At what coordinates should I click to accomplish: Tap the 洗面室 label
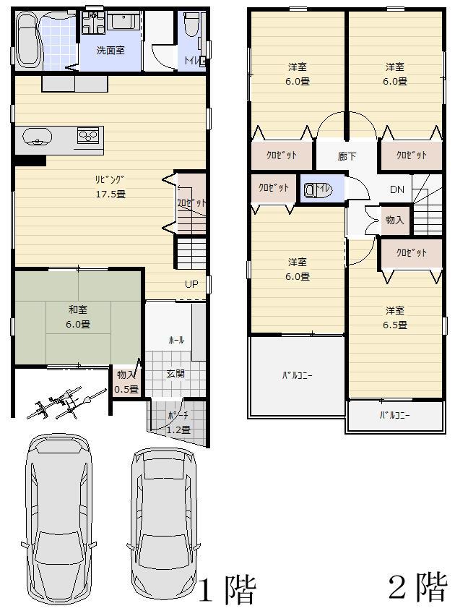coord(112,51)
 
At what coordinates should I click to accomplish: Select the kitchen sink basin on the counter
coord(38,135)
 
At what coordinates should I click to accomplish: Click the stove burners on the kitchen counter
coord(88,134)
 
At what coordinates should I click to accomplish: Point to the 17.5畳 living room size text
coord(110,194)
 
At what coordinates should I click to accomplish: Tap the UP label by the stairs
coord(191,284)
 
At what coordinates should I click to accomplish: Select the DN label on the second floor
coord(396,189)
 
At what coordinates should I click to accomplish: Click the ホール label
coord(175,339)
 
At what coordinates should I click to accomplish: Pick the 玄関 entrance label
coord(175,374)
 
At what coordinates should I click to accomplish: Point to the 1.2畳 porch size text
coord(179,430)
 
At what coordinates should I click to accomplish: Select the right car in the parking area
coord(164,518)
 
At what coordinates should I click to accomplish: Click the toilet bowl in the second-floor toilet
coord(311,190)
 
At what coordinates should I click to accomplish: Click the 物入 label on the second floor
coord(394,220)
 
